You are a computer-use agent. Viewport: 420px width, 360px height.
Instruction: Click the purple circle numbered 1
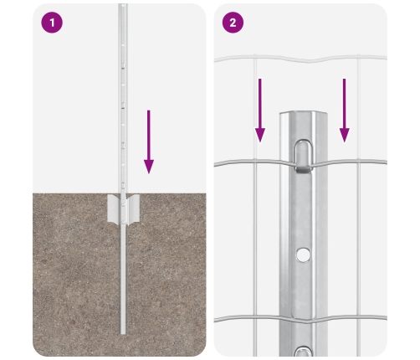tap(52, 23)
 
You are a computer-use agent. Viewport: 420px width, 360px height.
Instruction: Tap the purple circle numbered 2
tap(233, 23)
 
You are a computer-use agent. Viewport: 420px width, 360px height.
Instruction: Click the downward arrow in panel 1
tap(149, 141)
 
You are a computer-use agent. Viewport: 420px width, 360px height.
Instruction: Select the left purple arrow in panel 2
tap(260, 111)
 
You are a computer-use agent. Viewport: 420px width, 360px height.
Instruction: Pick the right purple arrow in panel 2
tap(345, 111)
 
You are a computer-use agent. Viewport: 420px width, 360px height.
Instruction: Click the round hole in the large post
tap(303, 255)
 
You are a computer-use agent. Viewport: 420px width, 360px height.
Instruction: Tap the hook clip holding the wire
tap(304, 157)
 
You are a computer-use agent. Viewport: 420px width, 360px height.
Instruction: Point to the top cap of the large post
tap(304, 115)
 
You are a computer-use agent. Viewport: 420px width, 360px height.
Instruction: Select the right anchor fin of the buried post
tap(133, 209)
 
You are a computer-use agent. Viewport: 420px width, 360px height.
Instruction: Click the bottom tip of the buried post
tap(123, 333)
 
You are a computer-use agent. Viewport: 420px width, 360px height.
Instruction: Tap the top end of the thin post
tap(123, 5)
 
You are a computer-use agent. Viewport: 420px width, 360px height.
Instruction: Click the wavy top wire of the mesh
tap(300, 59)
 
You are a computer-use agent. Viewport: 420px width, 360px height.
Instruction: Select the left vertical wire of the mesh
tap(255, 205)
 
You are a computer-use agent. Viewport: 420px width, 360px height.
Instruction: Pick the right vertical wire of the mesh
tap(359, 205)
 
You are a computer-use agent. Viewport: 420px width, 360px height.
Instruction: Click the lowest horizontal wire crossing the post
tap(300, 319)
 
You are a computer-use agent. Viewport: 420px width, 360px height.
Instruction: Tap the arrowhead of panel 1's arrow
tap(149, 167)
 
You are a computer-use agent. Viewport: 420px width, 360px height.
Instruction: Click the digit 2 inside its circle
tap(233, 23)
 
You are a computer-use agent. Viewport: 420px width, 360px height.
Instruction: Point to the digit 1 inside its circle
tap(52, 23)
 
